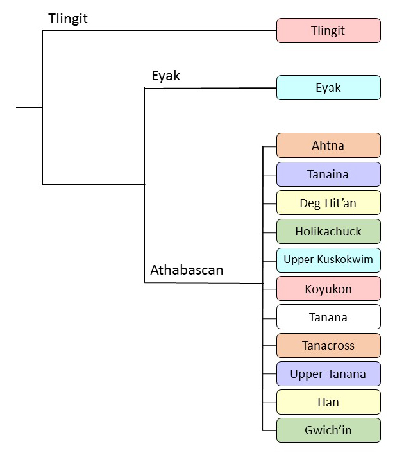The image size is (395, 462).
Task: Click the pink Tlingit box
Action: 328,30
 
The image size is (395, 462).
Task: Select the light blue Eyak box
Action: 328,88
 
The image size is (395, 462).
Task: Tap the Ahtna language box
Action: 328,145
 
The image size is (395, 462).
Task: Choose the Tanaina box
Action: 328,175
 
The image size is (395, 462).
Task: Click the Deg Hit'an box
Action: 328,203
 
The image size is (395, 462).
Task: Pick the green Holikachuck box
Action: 328,231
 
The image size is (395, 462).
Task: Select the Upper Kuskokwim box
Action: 328,260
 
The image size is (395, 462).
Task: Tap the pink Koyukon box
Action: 328,289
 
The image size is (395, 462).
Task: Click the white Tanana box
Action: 328,317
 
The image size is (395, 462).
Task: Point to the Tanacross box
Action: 328,345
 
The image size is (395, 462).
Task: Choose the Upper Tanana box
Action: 328,373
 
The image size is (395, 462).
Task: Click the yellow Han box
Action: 328,402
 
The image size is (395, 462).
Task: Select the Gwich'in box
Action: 328,430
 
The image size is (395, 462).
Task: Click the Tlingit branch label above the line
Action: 68,19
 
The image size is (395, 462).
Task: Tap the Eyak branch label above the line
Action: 165,76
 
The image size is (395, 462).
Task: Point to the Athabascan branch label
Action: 187,270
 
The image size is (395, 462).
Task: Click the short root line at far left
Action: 29,107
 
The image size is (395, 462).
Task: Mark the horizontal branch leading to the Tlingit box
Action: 160,30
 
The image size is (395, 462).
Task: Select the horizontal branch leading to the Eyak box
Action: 212,89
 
